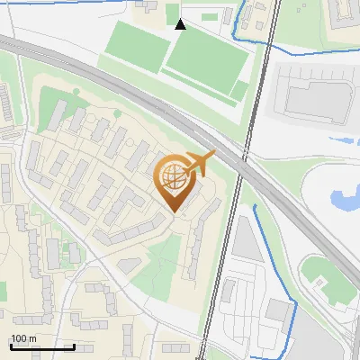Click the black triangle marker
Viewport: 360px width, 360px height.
click(x=181, y=24)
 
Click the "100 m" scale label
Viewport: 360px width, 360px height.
click(x=22, y=338)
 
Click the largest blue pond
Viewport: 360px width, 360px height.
click(x=344, y=201)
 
